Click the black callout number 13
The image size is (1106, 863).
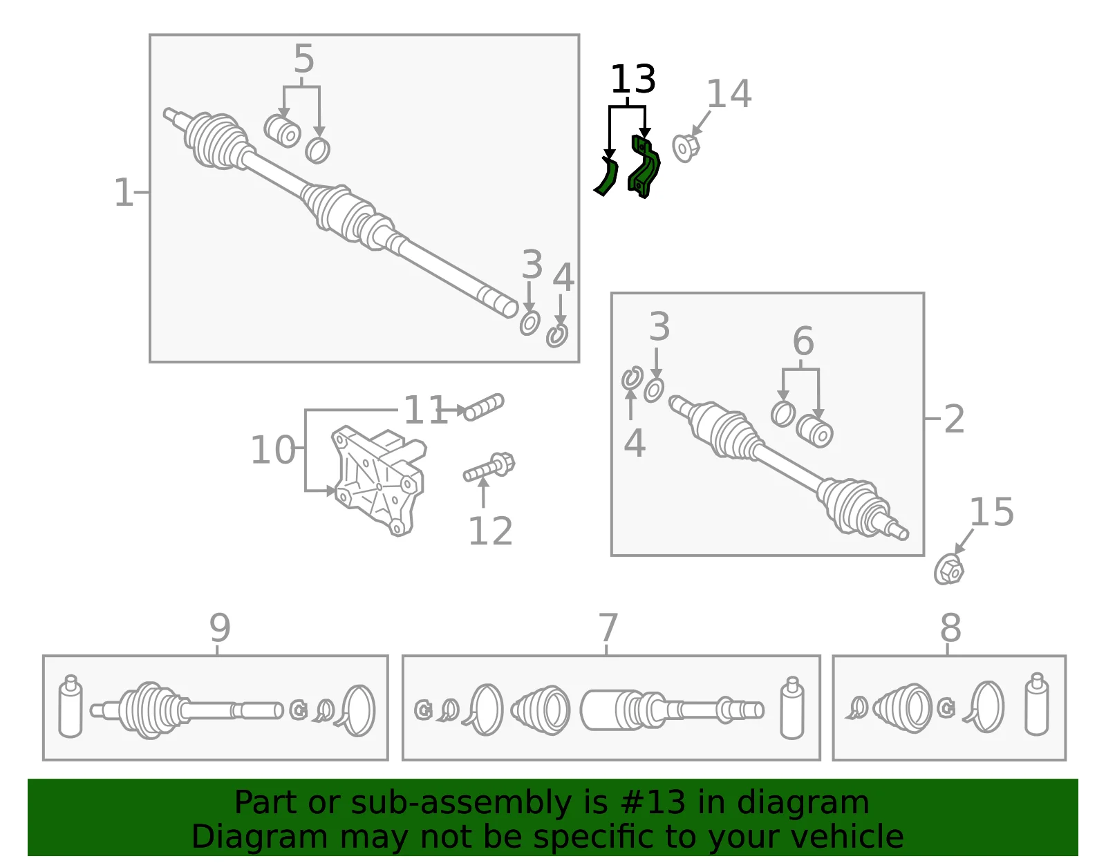pos(632,79)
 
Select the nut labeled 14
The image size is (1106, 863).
pos(686,147)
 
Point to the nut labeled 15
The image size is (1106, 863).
pos(948,569)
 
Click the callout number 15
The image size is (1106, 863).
pos(991,512)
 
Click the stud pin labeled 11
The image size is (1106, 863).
pos(483,407)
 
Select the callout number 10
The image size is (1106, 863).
pos(273,450)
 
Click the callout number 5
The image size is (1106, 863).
pos(304,59)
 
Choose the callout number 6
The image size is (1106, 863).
pos(803,340)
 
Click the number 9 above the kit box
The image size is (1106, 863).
pos(220,627)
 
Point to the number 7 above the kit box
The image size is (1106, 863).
pos(608,627)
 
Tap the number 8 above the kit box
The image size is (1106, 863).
pos(950,627)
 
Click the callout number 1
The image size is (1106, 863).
pos(123,192)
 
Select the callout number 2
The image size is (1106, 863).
pos(954,419)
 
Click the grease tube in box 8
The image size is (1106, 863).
pos(1037,704)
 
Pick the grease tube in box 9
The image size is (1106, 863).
pos(71,706)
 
